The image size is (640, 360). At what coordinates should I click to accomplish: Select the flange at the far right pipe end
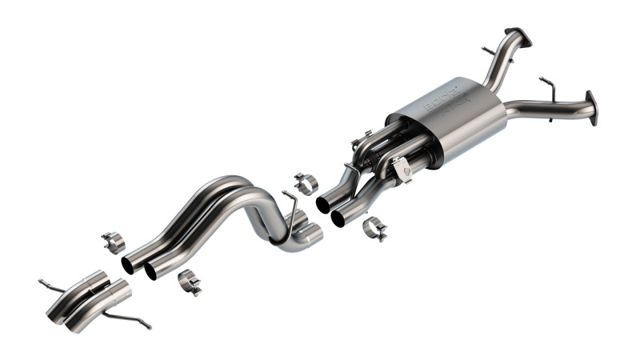[x=591, y=108]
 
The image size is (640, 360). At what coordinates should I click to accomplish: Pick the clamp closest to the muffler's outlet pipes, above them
[x=306, y=182]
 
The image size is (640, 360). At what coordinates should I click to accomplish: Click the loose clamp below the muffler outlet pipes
[x=374, y=229]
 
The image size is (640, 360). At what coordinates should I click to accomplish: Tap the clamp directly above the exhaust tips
[x=114, y=241]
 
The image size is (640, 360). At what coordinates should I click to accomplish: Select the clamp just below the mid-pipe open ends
[x=190, y=281]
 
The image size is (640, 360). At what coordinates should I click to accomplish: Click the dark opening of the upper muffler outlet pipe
[x=323, y=205]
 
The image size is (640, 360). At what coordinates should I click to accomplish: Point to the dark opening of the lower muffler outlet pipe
[x=338, y=218]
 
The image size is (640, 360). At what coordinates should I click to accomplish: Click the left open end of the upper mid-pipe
[x=128, y=265]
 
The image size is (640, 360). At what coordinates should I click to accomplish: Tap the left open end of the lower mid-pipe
[x=150, y=272]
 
